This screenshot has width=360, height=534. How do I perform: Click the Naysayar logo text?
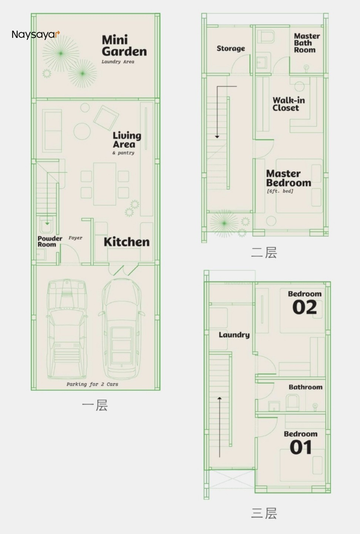click(x=36, y=34)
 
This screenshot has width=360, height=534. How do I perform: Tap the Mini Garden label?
click(x=124, y=46)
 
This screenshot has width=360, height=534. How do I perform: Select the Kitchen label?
click(x=127, y=242)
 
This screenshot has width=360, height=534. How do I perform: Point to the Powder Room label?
click(x=50, y=242)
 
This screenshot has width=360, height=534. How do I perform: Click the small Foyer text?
click(x=75, y=238)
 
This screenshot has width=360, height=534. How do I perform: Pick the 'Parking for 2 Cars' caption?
click(x=92, y=384)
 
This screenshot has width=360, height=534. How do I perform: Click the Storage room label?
click(x=231, y=49)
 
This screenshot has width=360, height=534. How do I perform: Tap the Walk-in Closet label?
click(x=289, y=104)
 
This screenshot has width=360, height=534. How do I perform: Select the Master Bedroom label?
click(x=289, y=178)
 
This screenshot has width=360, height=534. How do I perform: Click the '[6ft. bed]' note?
click(x=280, y=191)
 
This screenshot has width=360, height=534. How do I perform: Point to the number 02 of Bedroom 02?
click(x=304, y=307)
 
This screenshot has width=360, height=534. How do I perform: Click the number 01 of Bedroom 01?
click(x=301, y=447)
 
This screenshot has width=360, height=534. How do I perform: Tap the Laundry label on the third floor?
click(x=234, y=335)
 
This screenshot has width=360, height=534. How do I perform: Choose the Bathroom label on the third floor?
click(x=306, y=387)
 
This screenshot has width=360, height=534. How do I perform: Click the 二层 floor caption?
click(x=264, y=253)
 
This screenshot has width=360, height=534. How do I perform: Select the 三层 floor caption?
click(x=264, y=513)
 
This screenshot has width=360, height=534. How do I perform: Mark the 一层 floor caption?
click(x=94, y=405)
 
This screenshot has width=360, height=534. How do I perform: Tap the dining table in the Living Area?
click(x=104, y=184)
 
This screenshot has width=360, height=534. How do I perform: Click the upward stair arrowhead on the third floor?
click(x=219, y=398)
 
